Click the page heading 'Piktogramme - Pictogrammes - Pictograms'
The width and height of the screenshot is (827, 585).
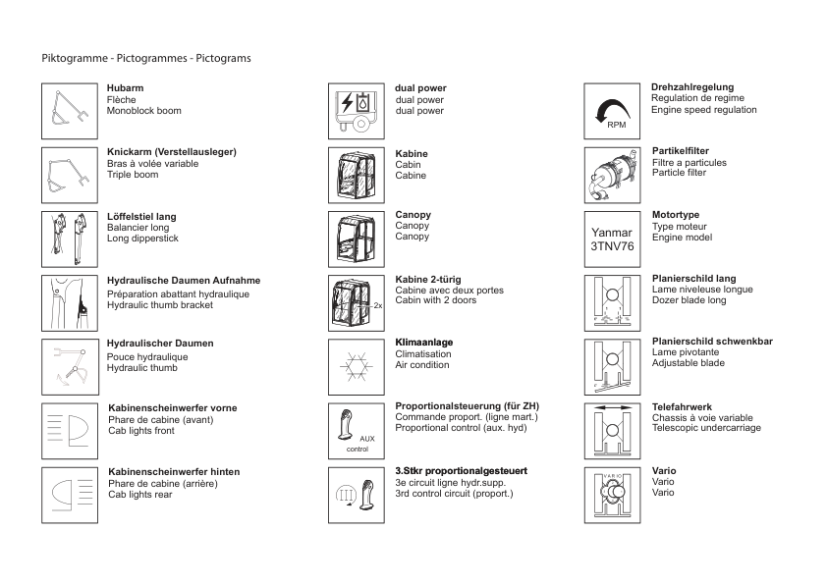click(146, 58)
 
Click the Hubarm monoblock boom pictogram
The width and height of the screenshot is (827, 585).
click(70, 111)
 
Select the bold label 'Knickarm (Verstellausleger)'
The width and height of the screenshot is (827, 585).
click(171, 152)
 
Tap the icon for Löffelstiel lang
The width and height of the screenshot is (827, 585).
click(70, 239)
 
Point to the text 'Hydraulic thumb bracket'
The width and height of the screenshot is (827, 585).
click(159, 305)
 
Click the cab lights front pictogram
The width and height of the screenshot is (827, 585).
click(70, 430)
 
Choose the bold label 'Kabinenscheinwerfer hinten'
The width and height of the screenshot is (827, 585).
click(173, 472)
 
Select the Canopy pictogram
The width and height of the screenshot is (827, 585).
click(356, 239)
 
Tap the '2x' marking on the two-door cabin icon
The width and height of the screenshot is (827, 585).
click(377, 306)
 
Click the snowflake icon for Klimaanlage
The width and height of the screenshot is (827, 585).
click(356, 366)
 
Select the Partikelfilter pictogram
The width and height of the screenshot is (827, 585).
click(612, 175)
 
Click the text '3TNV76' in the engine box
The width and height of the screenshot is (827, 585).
click(612, 246)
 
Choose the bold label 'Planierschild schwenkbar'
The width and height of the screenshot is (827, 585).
click(712, 342)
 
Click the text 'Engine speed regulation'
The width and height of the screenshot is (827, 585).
click(703, 110)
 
